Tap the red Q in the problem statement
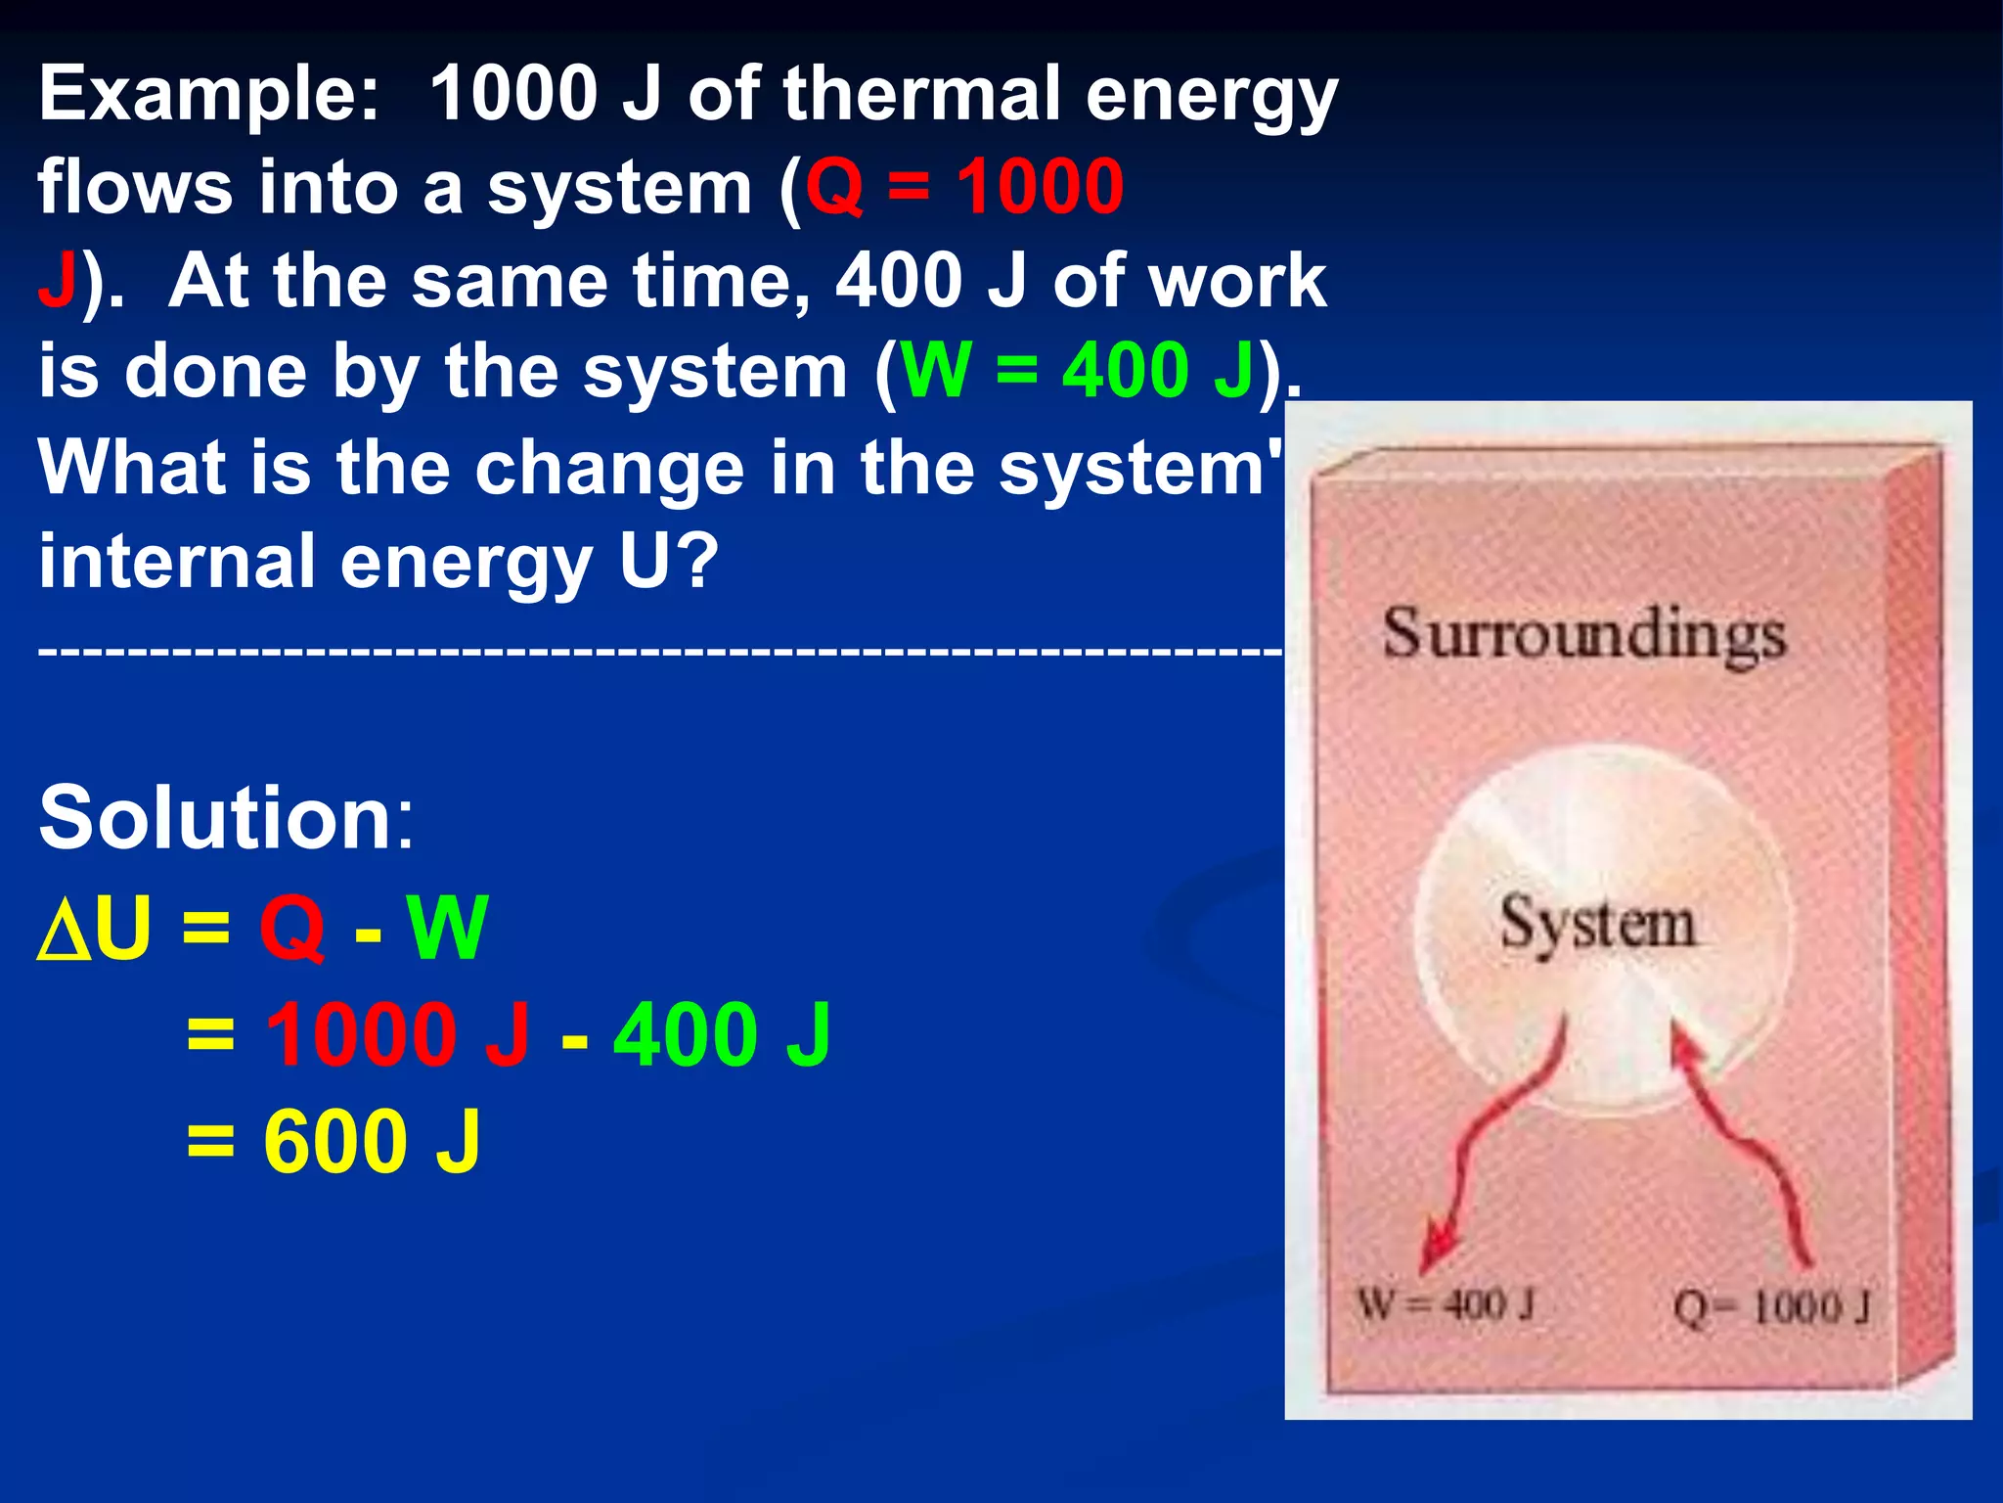834,186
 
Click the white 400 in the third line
900,281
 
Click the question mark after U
700,562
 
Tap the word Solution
226,818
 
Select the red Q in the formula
290,930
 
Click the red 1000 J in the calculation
397,1035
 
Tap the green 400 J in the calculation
722,1035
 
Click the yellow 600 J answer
372,1142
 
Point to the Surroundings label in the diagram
1583,636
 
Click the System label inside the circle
1597,924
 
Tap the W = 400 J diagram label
1446,1305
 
